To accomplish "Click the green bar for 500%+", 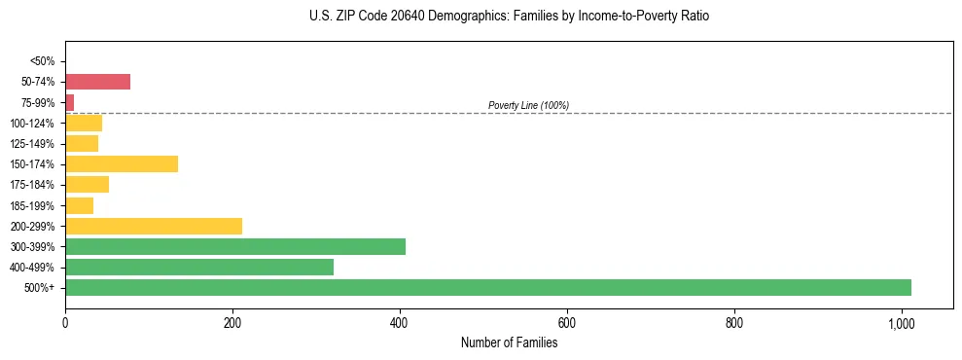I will (x=487, y=287).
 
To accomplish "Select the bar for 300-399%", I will (x=234, y=246).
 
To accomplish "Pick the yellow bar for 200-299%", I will (x=153, y=226).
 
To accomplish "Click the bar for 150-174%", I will (x=121, y=163).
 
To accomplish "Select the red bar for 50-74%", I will (x=97, y=82).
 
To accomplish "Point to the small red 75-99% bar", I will (x=69, y=102).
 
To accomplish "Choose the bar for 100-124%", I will (x=83, y=123).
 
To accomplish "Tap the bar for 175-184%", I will (x=87, y=185).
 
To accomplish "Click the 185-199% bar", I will (x=79, y=205).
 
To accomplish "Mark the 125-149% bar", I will (x=81, y=144).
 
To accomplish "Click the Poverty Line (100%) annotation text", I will (x=528, y=105).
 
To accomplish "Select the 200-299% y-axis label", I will (x=33, y=226).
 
